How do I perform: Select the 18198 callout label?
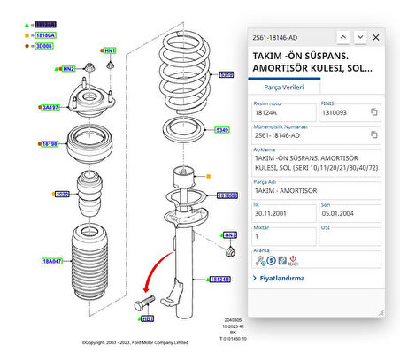(50, 142)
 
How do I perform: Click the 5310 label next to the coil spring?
(226, 75)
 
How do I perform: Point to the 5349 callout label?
(222, 130)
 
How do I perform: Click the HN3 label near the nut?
(230, 235)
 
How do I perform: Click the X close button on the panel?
(376, 37)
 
